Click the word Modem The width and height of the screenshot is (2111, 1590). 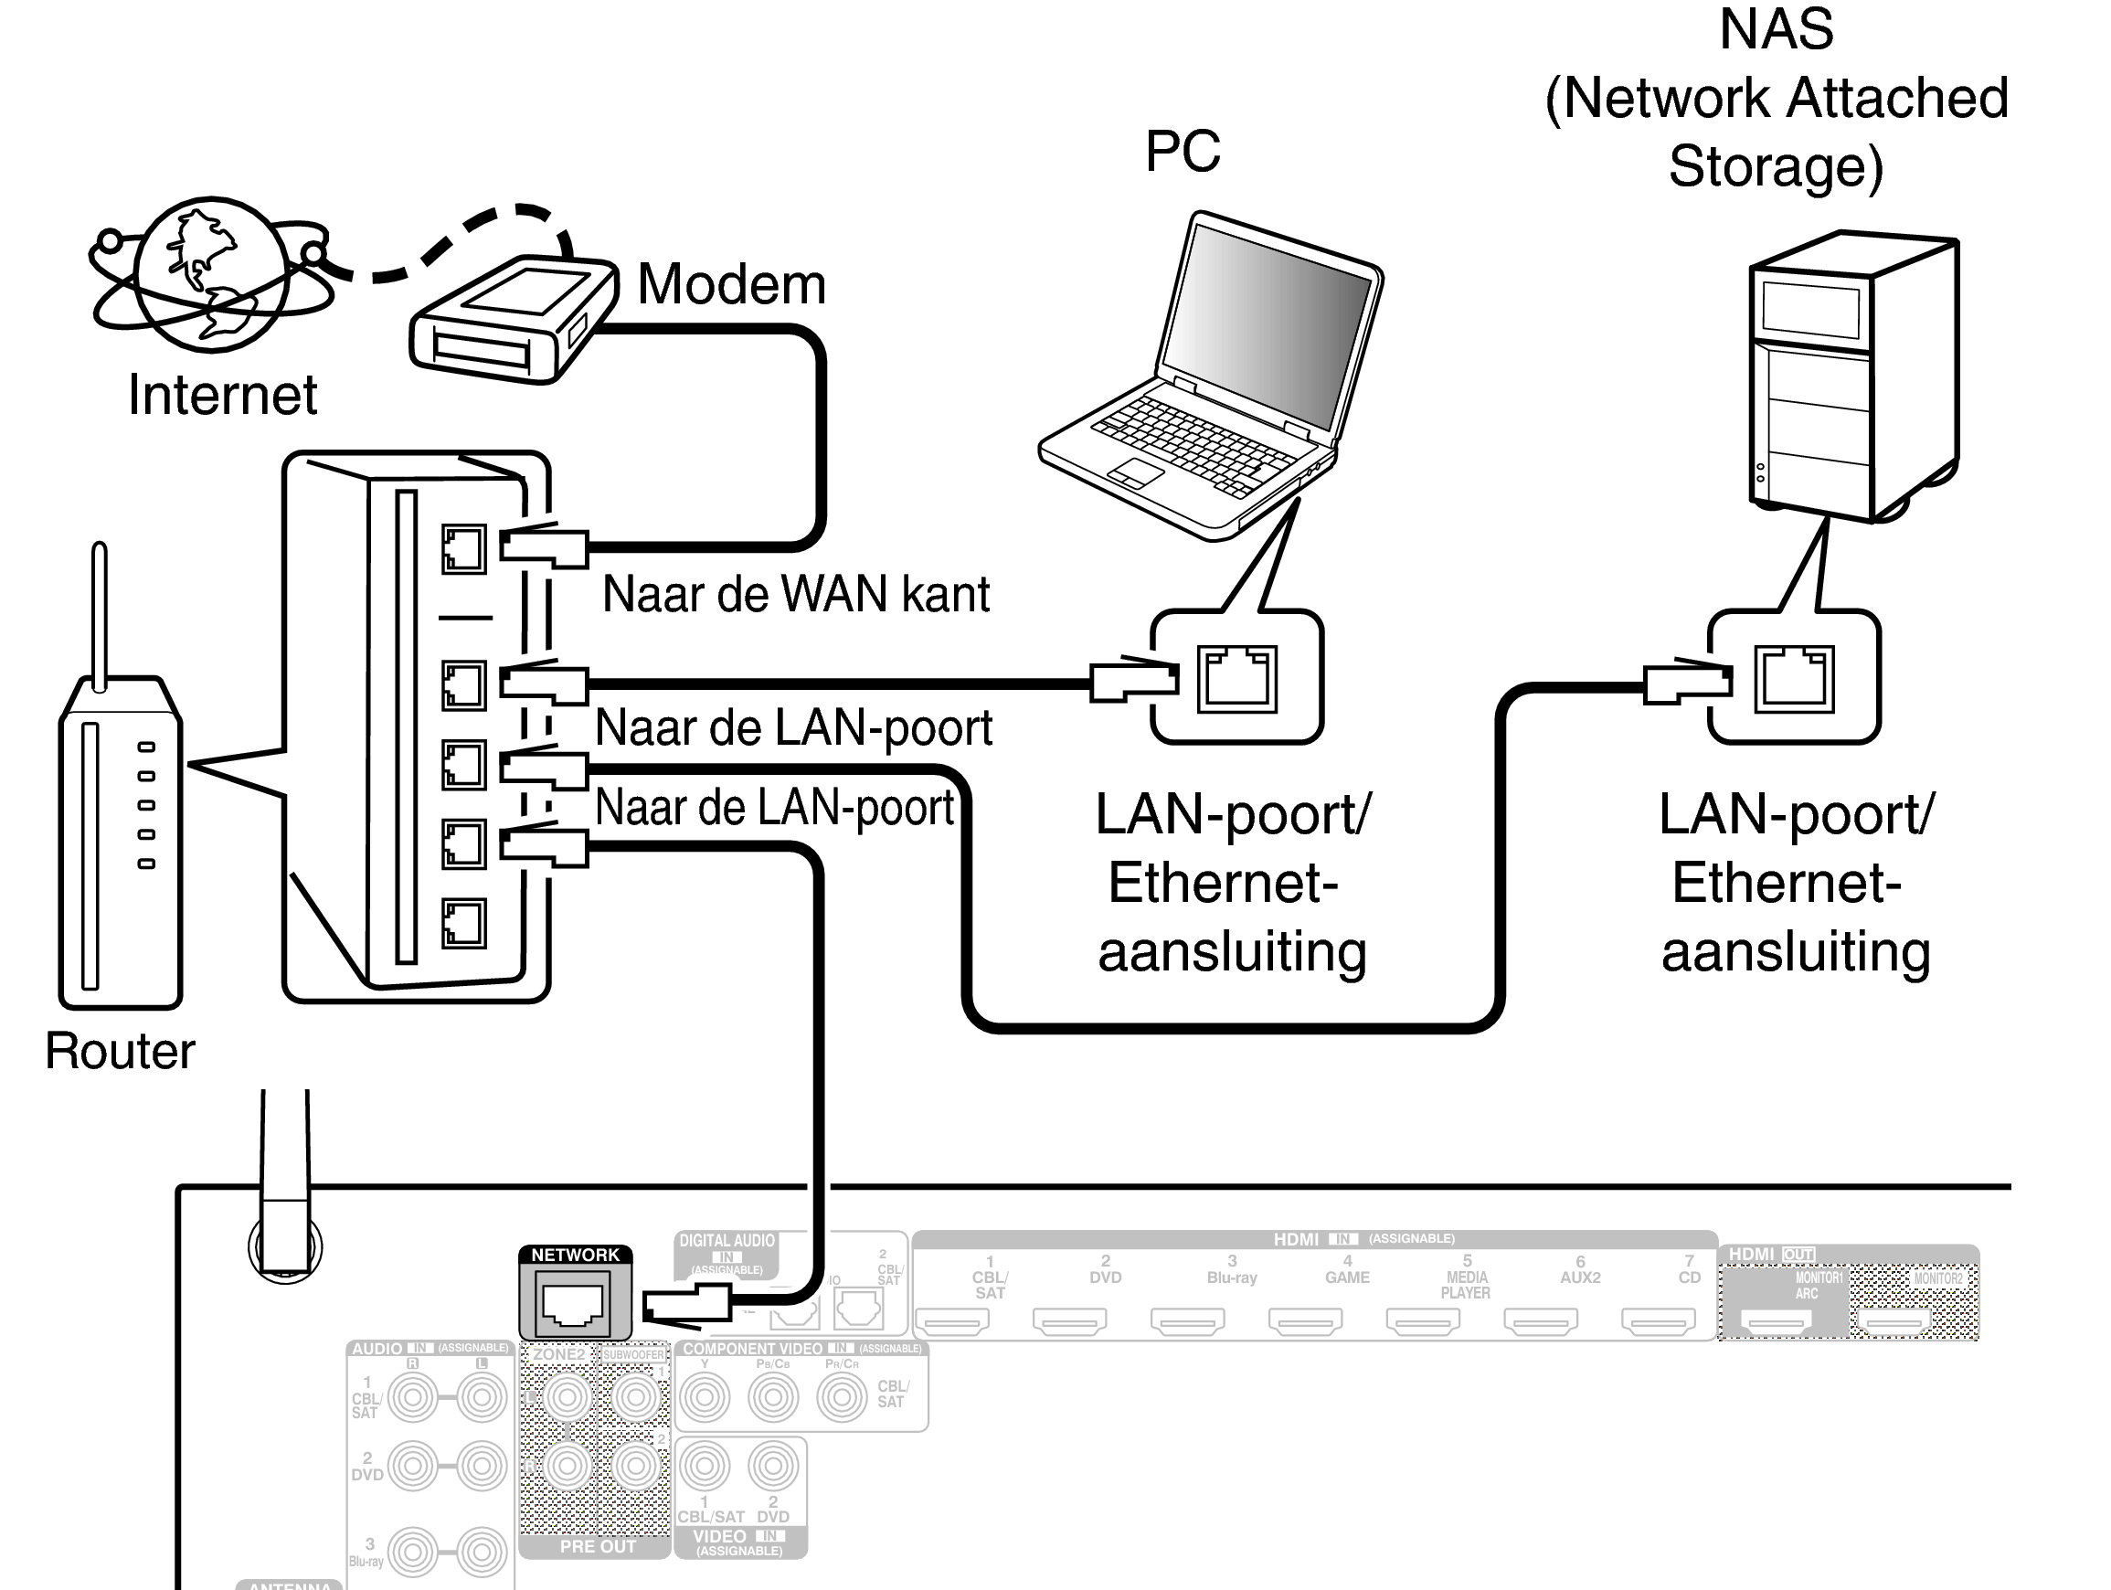tap(731, 284)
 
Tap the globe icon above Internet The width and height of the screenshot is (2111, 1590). tap(212, 274)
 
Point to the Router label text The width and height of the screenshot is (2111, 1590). tap(121, 1051)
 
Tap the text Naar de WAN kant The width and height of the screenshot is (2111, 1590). tap(796, 594)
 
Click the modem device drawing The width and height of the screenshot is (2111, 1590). tap(511, 320)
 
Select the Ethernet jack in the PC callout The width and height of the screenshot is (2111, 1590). tap(1236, 680)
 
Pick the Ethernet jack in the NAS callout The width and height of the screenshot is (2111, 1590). tap(1793, 680)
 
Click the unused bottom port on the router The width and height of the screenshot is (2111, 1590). tap(464, 923)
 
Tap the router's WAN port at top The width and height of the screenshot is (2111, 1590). tap(464, 550)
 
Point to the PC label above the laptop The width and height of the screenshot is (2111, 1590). tap(1183, 151)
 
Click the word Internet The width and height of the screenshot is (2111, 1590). tap(222, 395)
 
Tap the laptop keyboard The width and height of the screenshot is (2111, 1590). tap(1193, 444)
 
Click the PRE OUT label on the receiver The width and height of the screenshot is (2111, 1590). tap(598, 1546)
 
